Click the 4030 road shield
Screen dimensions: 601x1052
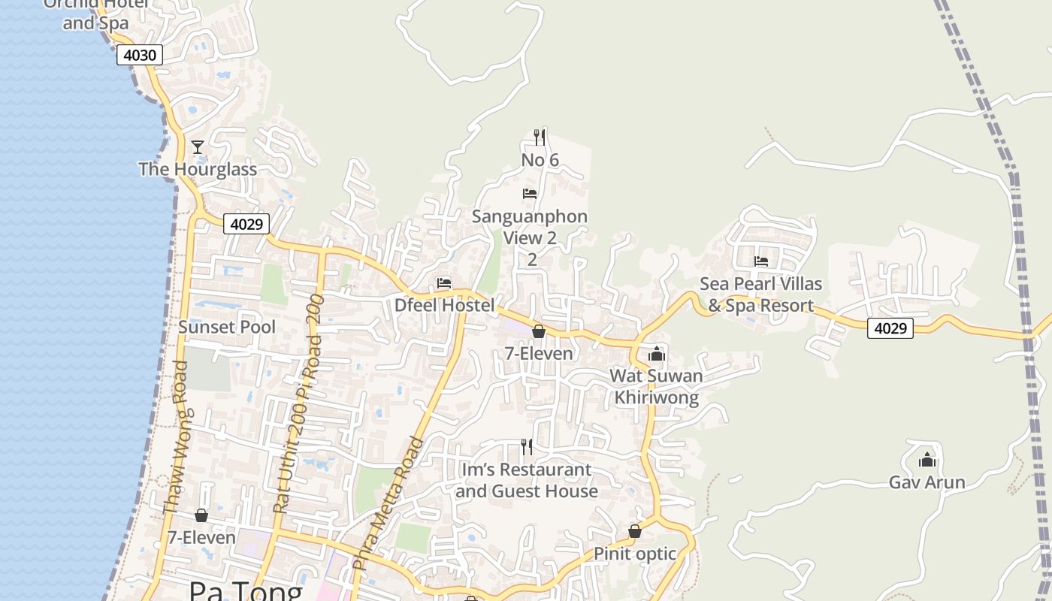click(x=140, y=55)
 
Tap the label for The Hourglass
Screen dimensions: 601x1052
click(x=198, y=169)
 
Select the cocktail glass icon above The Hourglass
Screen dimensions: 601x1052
click(x=198, y=147)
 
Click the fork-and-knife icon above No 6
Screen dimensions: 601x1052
click(x=540, y=137)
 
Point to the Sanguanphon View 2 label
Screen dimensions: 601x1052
click(x=530, y=228)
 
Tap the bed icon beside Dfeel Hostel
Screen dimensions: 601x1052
click(x=444, y=284)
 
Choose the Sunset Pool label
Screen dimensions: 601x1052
click(x=227, y=327)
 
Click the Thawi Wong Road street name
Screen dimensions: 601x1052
click(x=177, y=437)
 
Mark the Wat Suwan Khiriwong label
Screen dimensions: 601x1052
click(x=657, y=386)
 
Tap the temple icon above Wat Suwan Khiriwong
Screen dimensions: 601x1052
click(x=657, y=354)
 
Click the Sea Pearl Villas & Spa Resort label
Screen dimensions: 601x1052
click(x=760, y=294)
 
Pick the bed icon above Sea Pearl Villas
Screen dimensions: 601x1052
click(x=761, y=261)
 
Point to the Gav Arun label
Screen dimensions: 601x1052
click(x=927, y=482)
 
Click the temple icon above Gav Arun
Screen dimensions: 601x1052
click(x=927, y=460)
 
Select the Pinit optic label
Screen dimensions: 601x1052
click(x=635, y=554)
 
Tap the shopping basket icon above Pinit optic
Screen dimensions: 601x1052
click(x=635, y=532)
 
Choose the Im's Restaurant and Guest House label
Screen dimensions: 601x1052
click(x=527, y=480)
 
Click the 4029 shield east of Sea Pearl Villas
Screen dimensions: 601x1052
click(x=890, y=328)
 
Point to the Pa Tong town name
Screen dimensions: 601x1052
click(x=245, y=590)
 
